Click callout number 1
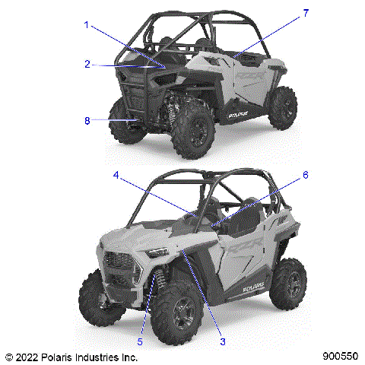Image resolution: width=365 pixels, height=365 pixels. pyautogui.click(x=87, y=25)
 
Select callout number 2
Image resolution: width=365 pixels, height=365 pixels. pyautogui.click(x=87, y=64)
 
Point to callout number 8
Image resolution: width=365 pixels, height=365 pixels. pyautogui.click(x=87, y=120)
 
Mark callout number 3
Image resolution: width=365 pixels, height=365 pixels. pyautogui.click(x=223, y=342)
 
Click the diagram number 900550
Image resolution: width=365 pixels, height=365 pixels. pyautogui.click(x=340, y=356)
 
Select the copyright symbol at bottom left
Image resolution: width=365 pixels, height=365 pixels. pyautogui.click(x=8, y=356)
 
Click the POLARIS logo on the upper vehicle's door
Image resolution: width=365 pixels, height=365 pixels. pyautogui.click(x=242, y=116)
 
